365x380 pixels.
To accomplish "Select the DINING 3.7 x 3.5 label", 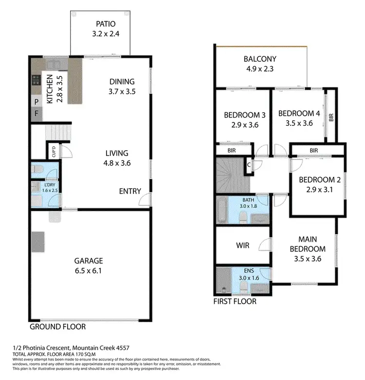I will coord(122,82).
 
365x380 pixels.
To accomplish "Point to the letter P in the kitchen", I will coord(36,102).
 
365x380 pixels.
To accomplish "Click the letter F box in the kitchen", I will coord(36,115).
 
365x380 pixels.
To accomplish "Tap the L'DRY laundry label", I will coord(49,185).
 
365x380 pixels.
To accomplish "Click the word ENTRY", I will coord(130,191).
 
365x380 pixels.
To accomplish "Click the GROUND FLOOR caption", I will coord(58,327).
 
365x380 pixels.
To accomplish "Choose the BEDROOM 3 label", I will coord(244,115).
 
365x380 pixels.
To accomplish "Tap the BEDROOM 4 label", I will coord(299,113).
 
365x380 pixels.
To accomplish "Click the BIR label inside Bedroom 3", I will coord(232,151).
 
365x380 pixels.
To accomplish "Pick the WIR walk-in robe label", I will coord(242,245).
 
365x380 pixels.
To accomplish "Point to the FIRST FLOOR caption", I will coord(235,301).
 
